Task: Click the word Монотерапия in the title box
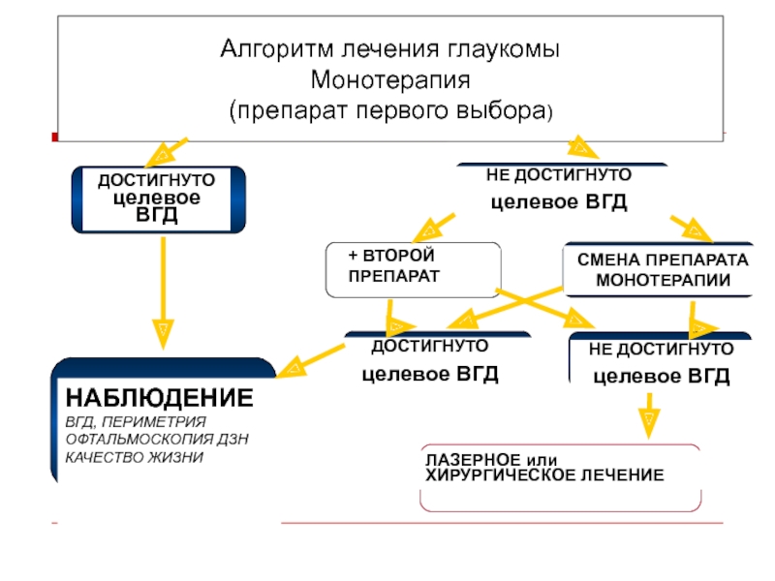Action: tap(390, 80)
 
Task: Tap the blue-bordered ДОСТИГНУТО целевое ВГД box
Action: tap(159, 199)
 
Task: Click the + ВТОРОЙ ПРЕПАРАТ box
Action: tap(414, 270)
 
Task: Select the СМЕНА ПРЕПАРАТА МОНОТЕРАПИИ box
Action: tap(659, 270)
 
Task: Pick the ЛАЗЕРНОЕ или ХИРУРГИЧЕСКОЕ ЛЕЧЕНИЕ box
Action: tap(561, 477)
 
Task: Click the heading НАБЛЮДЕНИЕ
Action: tap(160, 398)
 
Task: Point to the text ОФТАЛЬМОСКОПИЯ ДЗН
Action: tap(157, 440)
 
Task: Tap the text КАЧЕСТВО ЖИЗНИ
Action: tap(135, 457)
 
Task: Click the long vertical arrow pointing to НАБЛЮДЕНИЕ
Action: tap(163, 293)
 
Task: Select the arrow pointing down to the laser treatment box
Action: tap(649, 415)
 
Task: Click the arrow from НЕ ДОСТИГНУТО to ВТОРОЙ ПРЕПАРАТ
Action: tap(433, 228)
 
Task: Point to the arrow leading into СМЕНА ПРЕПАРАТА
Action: tap(692, 229)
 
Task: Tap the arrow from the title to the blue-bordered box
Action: tap(167, 153)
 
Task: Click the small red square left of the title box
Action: tap(55, 137)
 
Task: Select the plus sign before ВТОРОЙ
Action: tap(353, 256)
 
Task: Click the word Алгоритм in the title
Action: tap(277, 49)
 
